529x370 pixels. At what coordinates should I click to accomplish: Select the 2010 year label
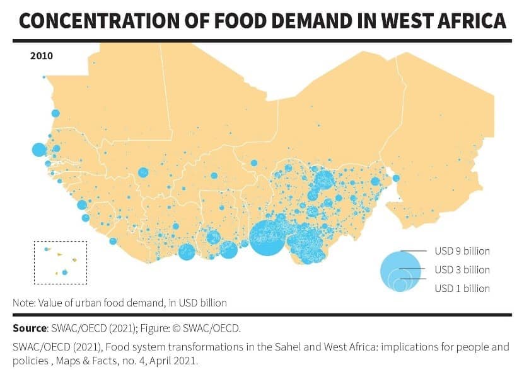42,55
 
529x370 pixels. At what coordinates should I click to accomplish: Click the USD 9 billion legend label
462,251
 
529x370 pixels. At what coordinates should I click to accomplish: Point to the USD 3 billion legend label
462,270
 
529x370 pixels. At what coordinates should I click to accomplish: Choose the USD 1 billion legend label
462,288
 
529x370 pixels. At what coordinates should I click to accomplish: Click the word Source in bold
30,328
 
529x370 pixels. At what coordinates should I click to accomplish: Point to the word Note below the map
24,303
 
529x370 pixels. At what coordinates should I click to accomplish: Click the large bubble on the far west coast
38,150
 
